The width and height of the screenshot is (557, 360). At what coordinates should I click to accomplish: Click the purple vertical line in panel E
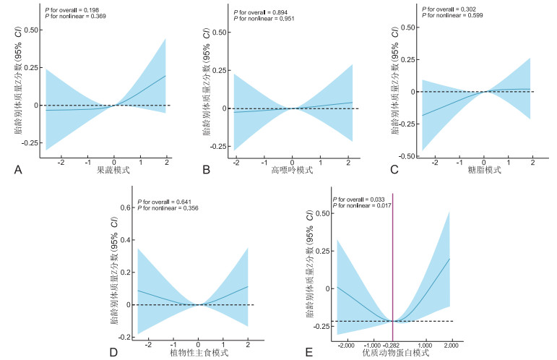pos(392,253)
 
